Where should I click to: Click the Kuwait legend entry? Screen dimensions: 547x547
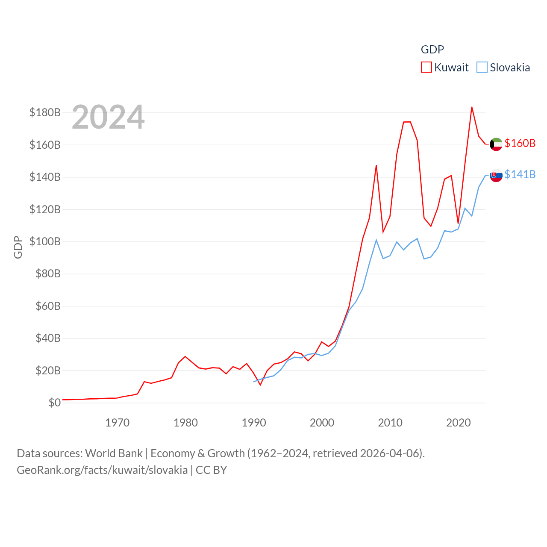(x=445, y=68)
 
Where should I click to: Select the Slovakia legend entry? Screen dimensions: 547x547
(x=503, y=68)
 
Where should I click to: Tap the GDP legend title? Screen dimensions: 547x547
(x=432, y=50)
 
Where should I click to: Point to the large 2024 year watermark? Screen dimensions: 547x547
(x=108, y=117)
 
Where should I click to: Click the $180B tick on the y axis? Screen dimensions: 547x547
(x=45, y=112)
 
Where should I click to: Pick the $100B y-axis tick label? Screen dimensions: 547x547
(x=45, y=241)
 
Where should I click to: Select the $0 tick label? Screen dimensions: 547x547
(x=54, y=403)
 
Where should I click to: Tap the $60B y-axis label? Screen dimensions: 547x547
(x=48, y=306)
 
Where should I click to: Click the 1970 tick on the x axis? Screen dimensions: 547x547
(x=117, y=423)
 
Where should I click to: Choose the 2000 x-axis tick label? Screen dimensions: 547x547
(x=322, y=423)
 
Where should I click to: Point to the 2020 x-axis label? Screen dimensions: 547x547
(x=458, y=423)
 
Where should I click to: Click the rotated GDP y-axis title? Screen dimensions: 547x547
(x=18, y=247)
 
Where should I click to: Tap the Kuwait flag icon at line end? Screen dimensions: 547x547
(x=496, y=144)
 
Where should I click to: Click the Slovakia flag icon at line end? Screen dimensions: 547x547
(x=496, y=175)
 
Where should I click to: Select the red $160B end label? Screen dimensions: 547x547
(x=520, y=143)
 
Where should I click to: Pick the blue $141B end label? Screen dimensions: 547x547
(x=520, y=174)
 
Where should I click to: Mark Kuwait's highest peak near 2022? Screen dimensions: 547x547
(x=472, y=107)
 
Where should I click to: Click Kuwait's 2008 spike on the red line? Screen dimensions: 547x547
(x=376, y=165)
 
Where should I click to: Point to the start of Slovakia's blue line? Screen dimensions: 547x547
(x=254, y=382)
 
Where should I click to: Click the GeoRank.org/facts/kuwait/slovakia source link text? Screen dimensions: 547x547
(x=102, y=470)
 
